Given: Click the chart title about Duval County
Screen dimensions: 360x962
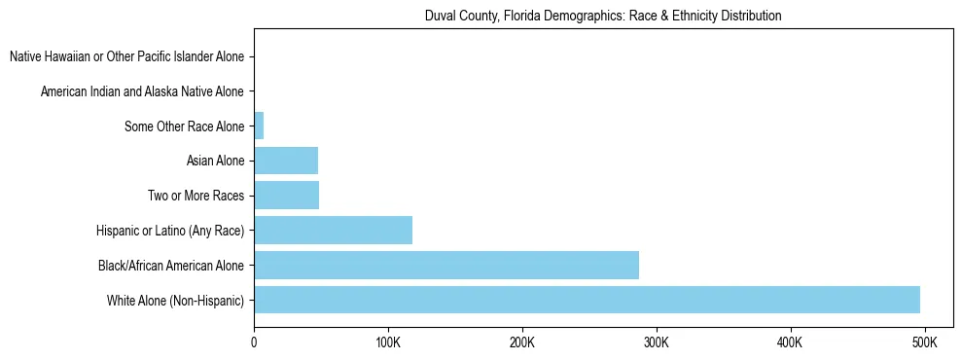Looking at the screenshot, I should click(x=603, y=17).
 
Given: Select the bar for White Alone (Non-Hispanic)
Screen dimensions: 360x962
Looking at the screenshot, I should click(x=587, y=300).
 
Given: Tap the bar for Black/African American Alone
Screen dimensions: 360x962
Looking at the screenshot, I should click(x=446, y=265).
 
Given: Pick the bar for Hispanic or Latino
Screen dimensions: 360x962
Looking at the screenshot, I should click(x=333, y=231).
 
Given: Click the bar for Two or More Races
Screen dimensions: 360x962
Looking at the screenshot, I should click(x=286, y=196).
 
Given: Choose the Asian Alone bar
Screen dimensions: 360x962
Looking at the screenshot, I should click(x=286, y=161).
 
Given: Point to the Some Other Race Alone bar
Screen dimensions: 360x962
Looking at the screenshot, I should click(x=259, y=126).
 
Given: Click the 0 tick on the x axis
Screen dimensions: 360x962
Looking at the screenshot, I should click(x=254, y=343).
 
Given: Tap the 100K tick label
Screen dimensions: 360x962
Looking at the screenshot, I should click(x=388, y=343).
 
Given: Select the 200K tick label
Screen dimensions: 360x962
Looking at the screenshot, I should click(x=522, y=343).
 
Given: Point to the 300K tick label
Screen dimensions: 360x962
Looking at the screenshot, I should click(x=657, y=343).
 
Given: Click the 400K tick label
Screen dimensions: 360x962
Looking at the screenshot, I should click(x=790, y=343).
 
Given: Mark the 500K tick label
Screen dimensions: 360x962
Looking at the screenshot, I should click(x=924, y=343).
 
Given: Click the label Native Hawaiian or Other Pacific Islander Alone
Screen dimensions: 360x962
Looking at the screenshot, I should click(x=126, y=56).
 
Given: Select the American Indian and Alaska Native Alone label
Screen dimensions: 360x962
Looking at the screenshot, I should click(x=142, y=91).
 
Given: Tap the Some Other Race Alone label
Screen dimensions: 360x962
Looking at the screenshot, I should click(x=184, y=126).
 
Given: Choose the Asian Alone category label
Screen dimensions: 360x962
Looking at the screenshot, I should click(x=215, y=161).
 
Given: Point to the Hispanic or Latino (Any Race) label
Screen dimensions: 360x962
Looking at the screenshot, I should click(x=170, y=231).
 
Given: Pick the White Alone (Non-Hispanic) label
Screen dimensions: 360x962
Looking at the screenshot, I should click(x=175, y=300).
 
